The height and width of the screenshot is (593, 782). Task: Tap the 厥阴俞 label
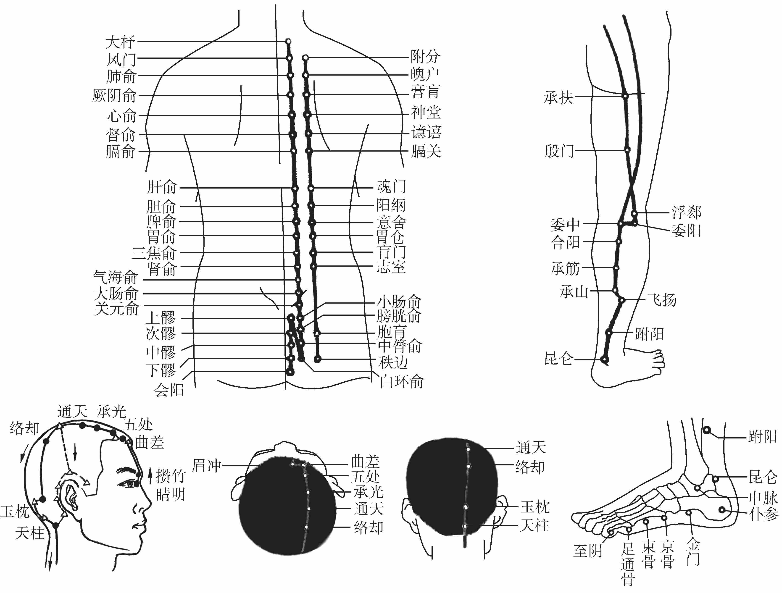(x=114, y=95)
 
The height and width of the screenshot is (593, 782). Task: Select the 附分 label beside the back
(x=425, y=57)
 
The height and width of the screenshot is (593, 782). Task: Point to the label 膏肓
(x=425, y=92)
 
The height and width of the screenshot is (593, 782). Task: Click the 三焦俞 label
(x=154, y=253)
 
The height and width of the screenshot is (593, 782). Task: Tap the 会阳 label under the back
(x=169, y=390)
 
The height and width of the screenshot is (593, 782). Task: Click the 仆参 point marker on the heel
(x=722, y=510)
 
